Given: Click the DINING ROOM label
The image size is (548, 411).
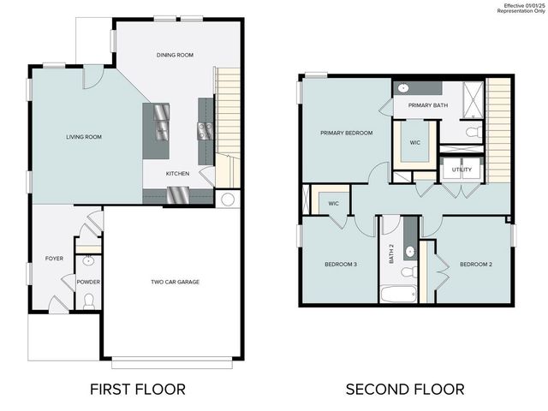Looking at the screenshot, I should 175,55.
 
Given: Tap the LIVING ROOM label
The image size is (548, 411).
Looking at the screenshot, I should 85,137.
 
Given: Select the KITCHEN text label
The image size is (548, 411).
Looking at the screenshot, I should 178,174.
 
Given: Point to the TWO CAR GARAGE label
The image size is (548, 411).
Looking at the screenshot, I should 176,282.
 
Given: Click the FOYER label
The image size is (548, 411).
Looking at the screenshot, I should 54,258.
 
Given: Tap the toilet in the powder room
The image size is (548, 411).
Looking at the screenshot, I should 89,300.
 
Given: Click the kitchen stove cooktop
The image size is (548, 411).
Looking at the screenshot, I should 205,130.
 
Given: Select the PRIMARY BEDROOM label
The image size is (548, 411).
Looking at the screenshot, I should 347,133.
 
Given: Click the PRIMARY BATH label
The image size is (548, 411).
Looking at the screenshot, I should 427,105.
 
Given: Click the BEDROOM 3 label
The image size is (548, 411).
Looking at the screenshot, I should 342,264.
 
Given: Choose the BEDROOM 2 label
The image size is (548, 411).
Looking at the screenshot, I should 476,264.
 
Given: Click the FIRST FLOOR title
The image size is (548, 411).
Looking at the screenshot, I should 138,389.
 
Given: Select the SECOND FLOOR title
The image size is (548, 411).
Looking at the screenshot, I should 405,389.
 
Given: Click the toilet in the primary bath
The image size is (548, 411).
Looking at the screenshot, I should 472,132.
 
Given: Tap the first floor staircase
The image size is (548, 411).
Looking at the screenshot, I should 227,111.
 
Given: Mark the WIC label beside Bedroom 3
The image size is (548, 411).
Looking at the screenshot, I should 334,204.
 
